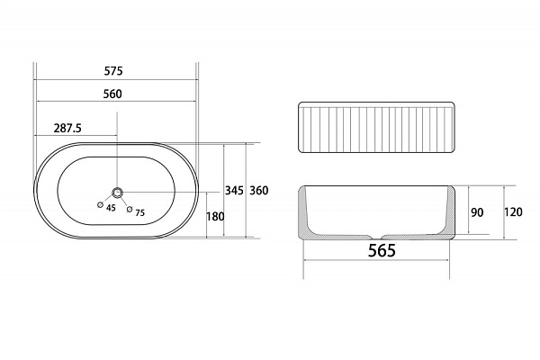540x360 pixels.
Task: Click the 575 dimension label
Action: coord(113,71)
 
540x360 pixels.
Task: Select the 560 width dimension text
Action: coord(112,94)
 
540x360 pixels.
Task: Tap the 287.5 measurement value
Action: coord(67,128)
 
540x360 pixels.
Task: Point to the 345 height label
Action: coord(234,190)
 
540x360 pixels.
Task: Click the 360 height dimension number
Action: coord(258,190)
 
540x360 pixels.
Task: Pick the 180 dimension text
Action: coord(215,216)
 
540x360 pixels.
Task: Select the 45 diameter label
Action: coord(111,208)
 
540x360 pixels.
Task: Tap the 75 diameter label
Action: coord(139,212)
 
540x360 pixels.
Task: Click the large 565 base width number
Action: coord(382,250)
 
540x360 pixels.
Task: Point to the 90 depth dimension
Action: coord(477,212)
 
